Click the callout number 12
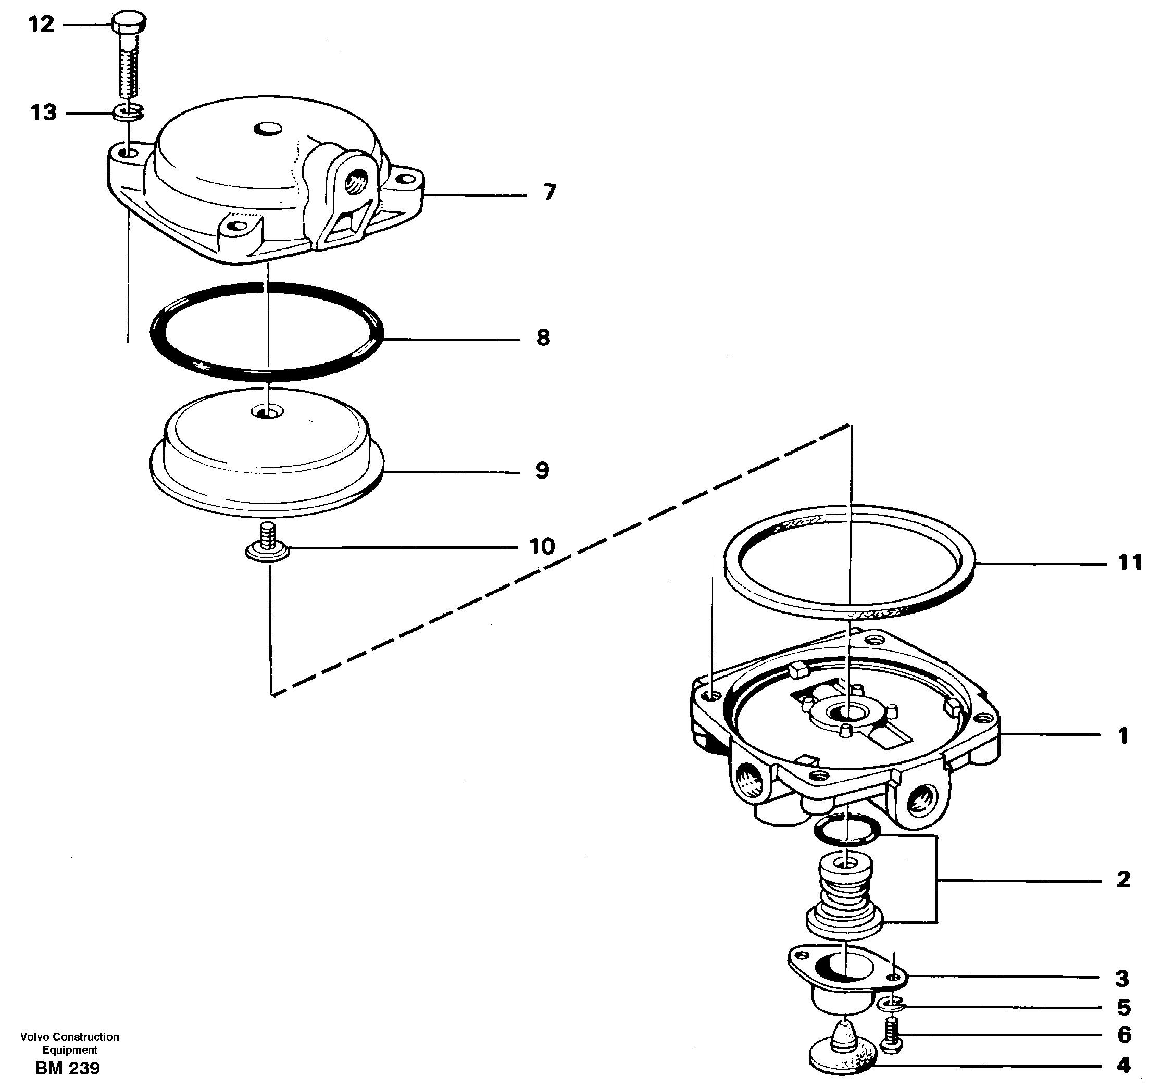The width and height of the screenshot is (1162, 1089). (42, 24)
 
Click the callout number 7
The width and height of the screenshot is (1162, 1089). (549, 192)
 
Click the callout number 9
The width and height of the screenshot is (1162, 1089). (542, 471)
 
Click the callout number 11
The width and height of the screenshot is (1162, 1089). (1129, 563)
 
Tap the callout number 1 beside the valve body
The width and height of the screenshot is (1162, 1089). (1123, 735)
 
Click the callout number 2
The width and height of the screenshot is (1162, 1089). (1123, 880)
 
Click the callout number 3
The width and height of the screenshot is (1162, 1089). (1122, 979)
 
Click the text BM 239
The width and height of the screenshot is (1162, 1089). (67, 1069)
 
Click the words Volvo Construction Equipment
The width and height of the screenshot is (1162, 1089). (70, 1043)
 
